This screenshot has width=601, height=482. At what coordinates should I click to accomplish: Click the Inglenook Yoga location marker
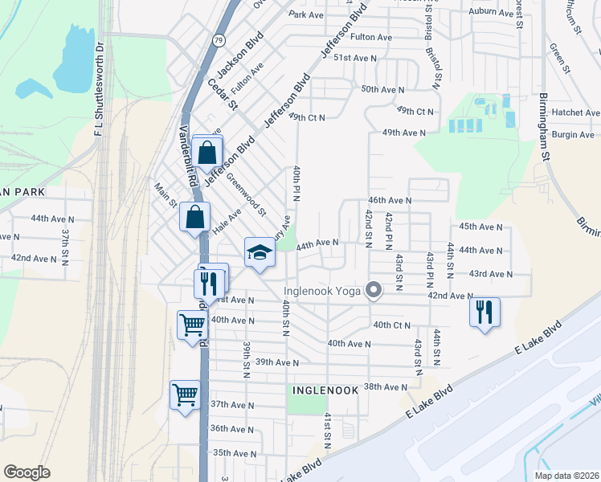pos(374,291)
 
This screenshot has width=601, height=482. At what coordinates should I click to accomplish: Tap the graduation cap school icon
pos(260,253)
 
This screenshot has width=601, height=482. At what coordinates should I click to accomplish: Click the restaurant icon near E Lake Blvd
pos(484,311)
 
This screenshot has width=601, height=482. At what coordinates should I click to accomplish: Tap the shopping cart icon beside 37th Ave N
pos(185,395)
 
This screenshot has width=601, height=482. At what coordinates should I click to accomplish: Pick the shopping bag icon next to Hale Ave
pos(195,216)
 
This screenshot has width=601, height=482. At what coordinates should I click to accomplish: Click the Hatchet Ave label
pos(576,113)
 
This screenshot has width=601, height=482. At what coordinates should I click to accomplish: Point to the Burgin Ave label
pos(573,134)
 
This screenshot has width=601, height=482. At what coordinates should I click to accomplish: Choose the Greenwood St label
pos(246,194)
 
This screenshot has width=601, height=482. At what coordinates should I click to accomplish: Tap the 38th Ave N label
pos(386,386)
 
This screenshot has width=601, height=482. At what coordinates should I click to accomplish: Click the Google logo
pos(27,472)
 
